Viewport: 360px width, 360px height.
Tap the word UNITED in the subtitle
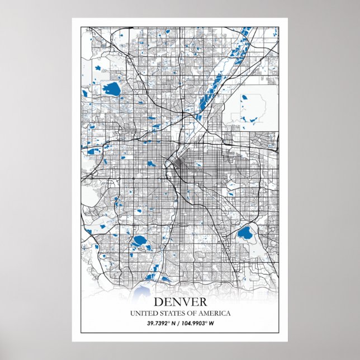point(143,313)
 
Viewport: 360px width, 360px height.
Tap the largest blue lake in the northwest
point(112,88)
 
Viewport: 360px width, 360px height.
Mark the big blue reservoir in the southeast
point(244,233)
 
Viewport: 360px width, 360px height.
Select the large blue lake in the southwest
point(139,241)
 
